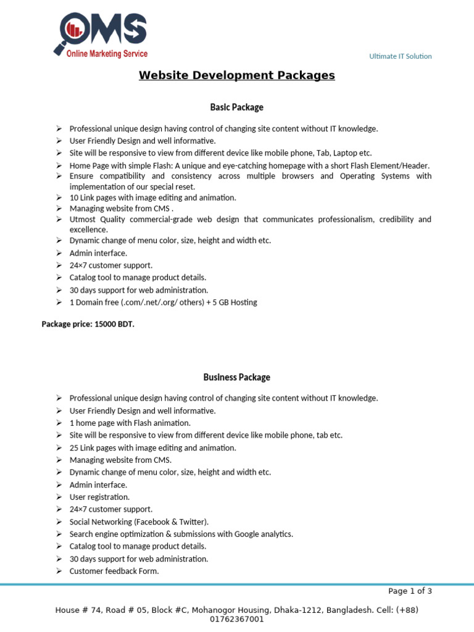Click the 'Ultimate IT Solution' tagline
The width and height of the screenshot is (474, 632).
click(x=400, y=56)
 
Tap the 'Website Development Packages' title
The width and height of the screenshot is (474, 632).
click(x=236, y=75)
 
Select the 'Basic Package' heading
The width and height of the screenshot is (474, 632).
click(x=236, y=107)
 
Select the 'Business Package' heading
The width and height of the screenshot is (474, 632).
click(x=236, y=377)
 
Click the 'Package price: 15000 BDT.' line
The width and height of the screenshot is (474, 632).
click(x=88, y=323)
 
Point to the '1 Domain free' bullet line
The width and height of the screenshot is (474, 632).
click(x=163, y=302)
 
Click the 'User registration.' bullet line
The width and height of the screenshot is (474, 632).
click(x=99, y=497)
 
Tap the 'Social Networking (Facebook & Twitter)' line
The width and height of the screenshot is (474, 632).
click(x=139, y=522)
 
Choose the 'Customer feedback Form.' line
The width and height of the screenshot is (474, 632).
click(x=114, y=571)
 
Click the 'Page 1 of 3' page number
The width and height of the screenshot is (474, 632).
click(x=410, y=591)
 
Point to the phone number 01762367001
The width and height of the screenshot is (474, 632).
click(x=237, y=619)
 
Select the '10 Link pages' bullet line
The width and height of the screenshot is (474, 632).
click(x=152, y=197)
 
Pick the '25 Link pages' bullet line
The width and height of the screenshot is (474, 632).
click(x=152, y=447)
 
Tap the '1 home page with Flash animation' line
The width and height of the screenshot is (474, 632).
click(x=130, y=423)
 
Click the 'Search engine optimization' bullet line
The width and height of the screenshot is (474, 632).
click(x=181, y=534)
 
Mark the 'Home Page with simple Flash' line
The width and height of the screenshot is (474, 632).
click(x=249, y=165)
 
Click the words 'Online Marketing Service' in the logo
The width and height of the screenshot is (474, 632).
click(x=107, y=54)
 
